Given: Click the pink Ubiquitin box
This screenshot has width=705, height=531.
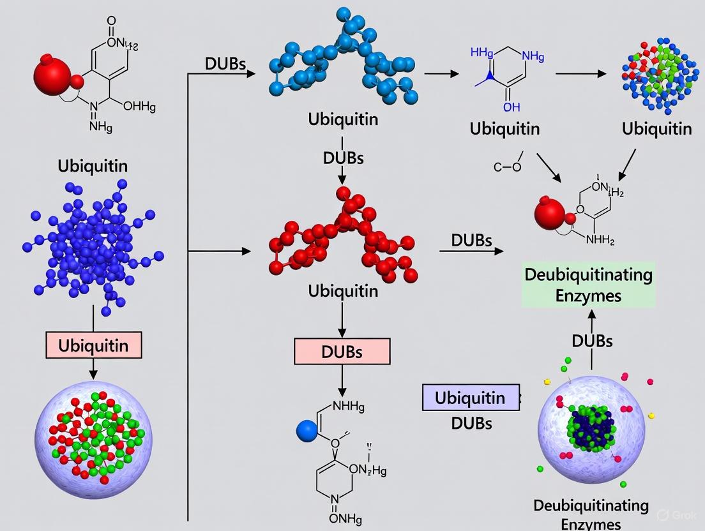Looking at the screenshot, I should [x=93, y=346].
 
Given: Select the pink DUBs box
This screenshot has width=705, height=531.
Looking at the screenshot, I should [x=342, y=352].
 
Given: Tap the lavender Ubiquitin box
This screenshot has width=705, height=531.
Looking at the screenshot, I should [x=469, y=398].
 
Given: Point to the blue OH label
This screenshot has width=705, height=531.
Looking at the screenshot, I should [x=512, y=107].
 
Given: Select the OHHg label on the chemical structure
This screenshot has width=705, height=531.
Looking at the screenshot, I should [x=139, y=107].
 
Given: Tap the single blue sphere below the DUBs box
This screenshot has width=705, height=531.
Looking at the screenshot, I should [x=307, y=431].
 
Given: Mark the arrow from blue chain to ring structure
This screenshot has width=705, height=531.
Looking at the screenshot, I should [x=441, y=73].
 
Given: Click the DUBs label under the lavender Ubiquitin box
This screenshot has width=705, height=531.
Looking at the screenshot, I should [x=471, y=422].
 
